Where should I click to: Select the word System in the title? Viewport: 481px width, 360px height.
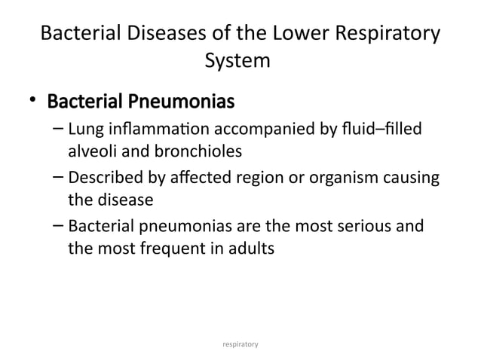(x=237, y=60)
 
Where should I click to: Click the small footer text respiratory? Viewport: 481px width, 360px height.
(x=240, y=343)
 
